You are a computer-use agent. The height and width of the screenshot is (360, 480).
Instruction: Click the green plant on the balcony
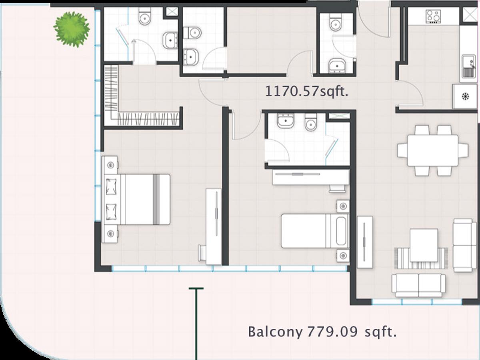click(x=72, y=30)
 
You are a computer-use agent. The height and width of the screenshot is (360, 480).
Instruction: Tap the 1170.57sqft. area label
click(x=306, y=91)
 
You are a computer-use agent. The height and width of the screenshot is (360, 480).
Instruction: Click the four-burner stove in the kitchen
click(x=433, y=17)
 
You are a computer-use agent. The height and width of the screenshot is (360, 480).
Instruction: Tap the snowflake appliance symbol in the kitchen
click(x=465, y=96)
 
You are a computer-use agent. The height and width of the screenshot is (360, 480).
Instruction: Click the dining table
click(x=433, y=151)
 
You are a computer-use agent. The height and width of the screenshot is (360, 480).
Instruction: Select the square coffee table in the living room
click(x=424, y=245)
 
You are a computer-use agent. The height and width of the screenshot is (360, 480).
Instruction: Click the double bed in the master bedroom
click(x=137, y=199)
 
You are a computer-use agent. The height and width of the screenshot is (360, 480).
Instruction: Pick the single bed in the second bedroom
click(x=315, y=231)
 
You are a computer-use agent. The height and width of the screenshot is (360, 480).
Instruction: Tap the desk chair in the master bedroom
click(x=202, y=253)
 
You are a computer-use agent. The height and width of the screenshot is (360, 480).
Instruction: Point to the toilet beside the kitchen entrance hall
click(x=336, y=22)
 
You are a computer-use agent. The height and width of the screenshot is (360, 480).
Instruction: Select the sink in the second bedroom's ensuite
click(x=285, y=121)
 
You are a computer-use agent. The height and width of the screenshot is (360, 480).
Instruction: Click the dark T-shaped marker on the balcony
click(x=196, y=324)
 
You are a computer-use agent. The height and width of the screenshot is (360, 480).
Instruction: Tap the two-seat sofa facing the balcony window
click(x=419, y=286)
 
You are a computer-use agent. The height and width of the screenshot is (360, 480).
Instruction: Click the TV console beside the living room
click(x=365, y=242)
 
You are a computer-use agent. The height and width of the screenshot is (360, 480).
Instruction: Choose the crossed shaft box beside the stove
click(x=470, y=15)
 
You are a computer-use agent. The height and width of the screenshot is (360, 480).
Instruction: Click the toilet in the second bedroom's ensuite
click(x=310, y=122)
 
